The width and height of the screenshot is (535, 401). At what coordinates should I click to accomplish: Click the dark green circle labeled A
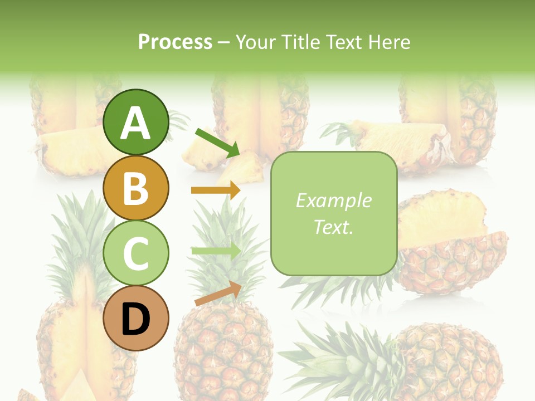(135, 122)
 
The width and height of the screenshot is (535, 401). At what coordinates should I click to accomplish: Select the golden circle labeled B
(135, 188)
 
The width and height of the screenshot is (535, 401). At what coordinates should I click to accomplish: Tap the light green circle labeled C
(135, 253)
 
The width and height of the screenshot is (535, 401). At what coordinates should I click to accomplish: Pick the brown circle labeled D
(135, 319)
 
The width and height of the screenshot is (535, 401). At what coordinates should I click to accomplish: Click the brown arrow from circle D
(218, 294)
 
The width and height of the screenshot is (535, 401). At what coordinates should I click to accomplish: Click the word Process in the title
(175, 42)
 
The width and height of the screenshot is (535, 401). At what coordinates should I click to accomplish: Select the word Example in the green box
(333, 200)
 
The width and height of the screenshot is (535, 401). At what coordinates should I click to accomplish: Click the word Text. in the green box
(333, 227)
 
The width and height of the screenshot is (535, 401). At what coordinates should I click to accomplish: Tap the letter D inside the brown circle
(135, 320)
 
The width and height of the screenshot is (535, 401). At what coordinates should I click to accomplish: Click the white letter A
(135, 123)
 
